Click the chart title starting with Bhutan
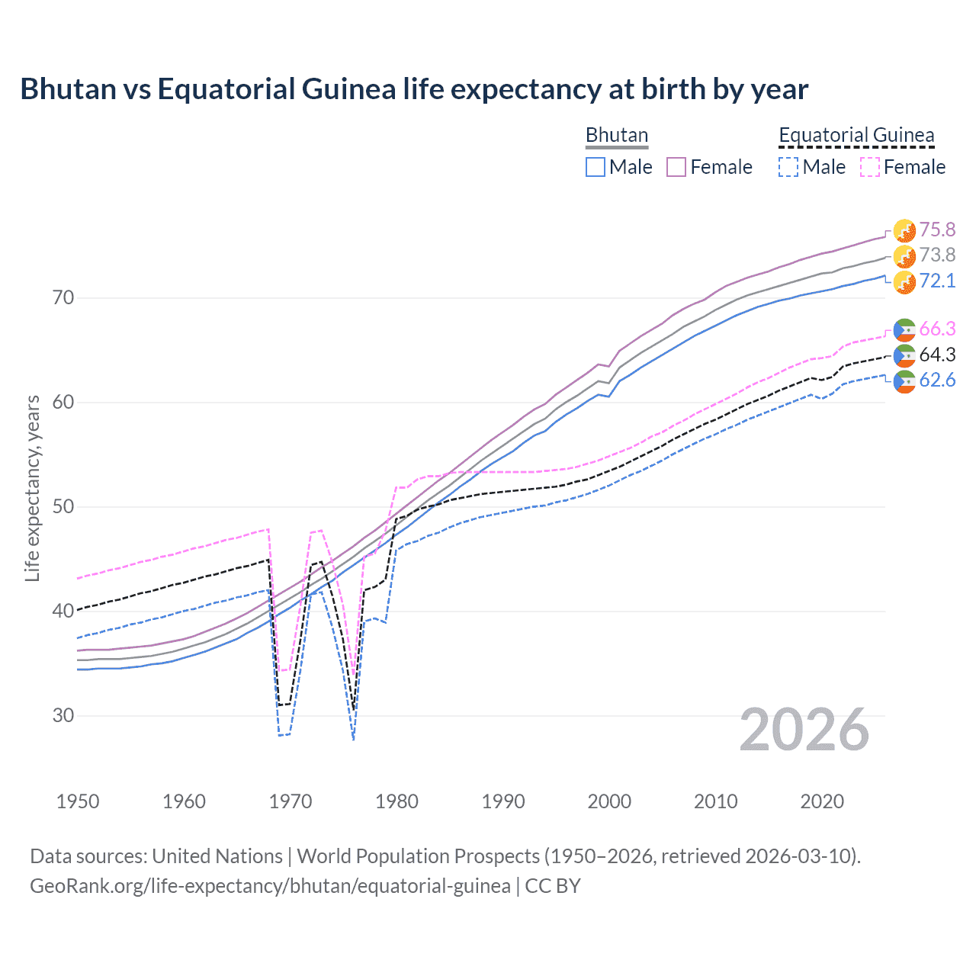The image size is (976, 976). coord(414,89)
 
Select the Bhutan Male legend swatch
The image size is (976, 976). coord(596,167)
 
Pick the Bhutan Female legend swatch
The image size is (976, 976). coord(676,167)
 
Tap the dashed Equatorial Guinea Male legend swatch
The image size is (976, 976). coord(788,167)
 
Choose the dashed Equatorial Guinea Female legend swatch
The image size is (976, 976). coord(870,167)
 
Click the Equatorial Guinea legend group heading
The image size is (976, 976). coord(856,136)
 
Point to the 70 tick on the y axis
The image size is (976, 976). coord(63,298)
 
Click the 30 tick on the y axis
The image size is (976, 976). coord(63,716)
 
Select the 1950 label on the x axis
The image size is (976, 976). coord(78,801)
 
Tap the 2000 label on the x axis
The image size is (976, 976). coord(609,801)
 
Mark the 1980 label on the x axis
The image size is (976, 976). coord(396,801)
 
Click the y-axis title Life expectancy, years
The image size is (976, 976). coord(32,488)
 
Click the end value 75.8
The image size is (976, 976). coord(937,230)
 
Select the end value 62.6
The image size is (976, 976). coord(937,380)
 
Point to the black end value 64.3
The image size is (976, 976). coord(937,355)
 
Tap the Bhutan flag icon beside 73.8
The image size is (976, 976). coord(904,256)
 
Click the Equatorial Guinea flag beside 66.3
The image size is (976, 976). coord(904,329)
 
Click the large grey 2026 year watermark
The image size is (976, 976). coord(804,730)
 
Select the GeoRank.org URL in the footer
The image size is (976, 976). coord(270,886)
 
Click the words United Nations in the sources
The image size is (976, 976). coord(217,856)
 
